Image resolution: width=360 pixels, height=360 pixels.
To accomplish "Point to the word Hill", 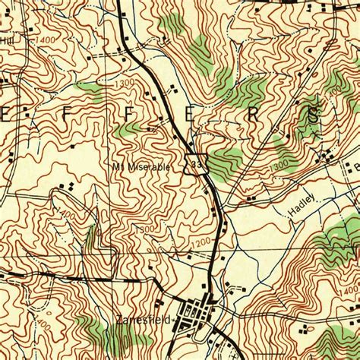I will [x=8, y=39].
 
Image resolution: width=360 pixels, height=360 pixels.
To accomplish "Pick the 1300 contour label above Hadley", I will [x=279, y=163].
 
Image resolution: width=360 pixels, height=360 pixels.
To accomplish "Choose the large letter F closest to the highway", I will [x=131, y=118].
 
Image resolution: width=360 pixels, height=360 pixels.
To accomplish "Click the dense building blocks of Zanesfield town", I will [x=199, y=314].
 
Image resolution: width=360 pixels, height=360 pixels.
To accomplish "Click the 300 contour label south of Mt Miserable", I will [x=147, y=228].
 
